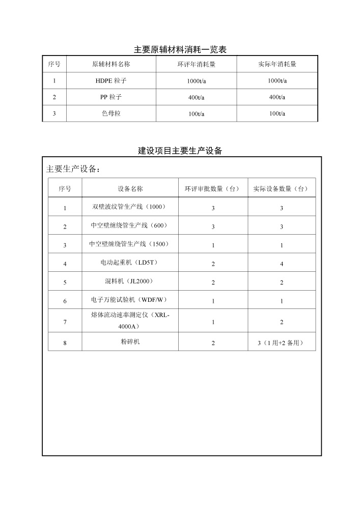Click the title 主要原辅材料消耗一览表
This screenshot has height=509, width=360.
click(180, 49)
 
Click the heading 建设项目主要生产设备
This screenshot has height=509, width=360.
click(180, 151)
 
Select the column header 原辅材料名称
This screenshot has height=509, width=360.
click(111, 65)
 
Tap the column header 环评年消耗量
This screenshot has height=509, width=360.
click(196, 65)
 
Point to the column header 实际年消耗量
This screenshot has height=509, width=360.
click(277, 65)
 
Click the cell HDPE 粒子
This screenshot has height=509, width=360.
click(111, 80)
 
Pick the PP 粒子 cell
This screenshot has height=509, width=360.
click(111, 97)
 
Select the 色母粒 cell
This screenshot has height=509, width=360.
click(111, 114)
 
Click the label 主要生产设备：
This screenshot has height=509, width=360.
click(73, 169)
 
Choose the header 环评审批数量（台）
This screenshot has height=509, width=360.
click(212, 189)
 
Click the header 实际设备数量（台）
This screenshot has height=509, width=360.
click(281, 189)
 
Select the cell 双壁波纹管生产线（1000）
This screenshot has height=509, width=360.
click(129, 207)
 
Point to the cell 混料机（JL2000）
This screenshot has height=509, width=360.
click(129, 281)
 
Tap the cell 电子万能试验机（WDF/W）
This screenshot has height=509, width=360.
click(129, 300)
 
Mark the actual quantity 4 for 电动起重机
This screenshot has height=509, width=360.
click(282, 264)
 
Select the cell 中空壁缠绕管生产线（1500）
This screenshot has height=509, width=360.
click(129, 244)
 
